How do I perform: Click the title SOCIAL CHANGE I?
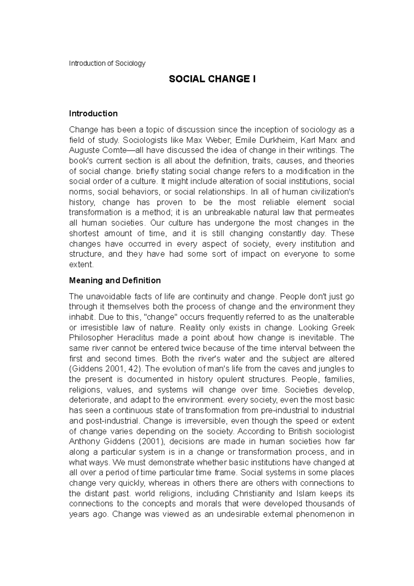(212, 80)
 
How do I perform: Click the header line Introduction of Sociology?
(107, 64)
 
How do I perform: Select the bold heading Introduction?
(93, 114)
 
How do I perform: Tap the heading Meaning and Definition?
(115, 281)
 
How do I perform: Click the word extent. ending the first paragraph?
(81, 265)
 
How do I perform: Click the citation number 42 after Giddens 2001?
(133, 369)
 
